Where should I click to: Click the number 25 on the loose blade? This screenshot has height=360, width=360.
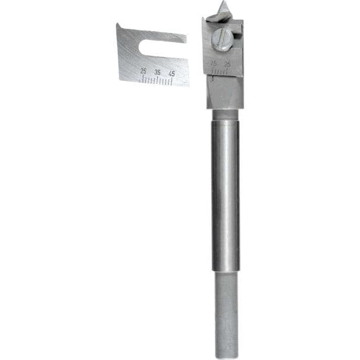click(x=143, y=70)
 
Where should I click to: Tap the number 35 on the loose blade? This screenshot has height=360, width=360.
click(x=157, y=72)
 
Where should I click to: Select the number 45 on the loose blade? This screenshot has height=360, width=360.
click(x=172, y=73)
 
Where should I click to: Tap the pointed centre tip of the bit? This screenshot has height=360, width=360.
click(x=223, y=8)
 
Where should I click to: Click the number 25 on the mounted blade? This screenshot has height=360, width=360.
click(x=227, y=64)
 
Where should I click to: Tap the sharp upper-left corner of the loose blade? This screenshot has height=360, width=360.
click(x=118, y=25)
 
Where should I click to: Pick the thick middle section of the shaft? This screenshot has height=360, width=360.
click(x=225, y=192)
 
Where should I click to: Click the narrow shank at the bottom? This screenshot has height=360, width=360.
click(x=226, y=312)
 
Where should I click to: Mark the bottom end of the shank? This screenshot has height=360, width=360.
click(x=227, y=355)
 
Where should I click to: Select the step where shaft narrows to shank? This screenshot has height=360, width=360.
click(x=226, y=271)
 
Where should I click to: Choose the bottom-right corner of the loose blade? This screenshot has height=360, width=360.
click(x=188, y=85)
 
